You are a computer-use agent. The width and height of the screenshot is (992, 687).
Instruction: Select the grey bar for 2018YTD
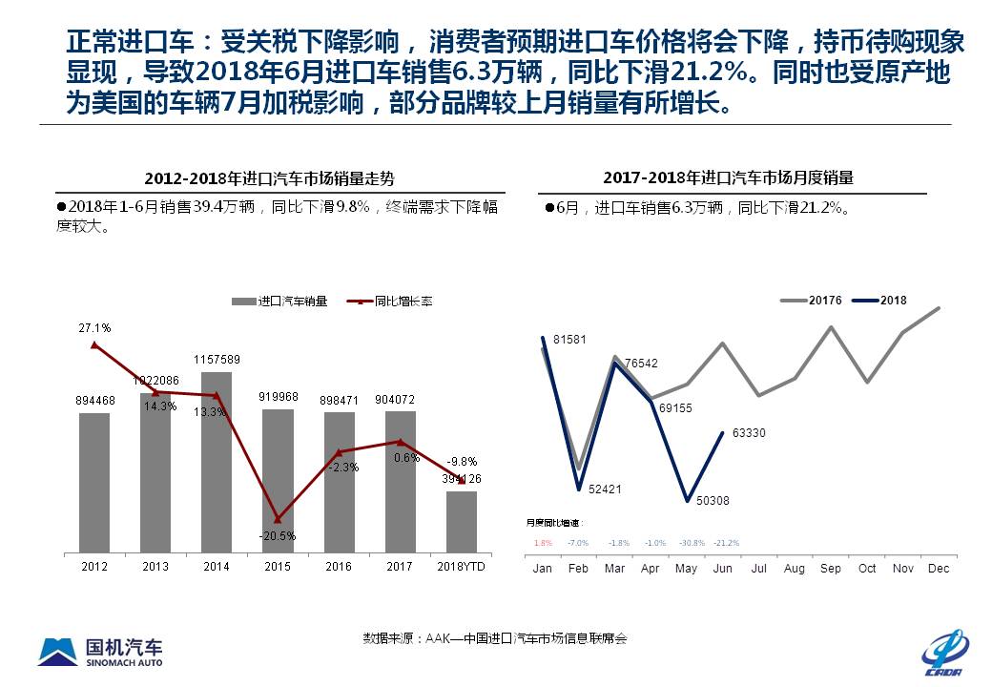[x=462, y=523]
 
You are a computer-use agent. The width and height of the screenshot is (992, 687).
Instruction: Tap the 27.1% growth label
[x=94, y=327]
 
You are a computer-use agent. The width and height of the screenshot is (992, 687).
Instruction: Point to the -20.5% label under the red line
[x=277, y=535]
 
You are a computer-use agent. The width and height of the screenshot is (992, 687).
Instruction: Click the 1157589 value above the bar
[x=217, y=360]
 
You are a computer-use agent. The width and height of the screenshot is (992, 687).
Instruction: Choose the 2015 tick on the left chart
[x=278, y=566]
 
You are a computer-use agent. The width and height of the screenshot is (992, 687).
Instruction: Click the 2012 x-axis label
[x=94, y=566]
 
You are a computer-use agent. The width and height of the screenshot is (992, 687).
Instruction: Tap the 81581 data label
[x=569, y=340]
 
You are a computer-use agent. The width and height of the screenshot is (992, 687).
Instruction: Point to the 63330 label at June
[x=749, y=433]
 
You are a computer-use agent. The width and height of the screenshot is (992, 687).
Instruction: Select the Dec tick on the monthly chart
[x=940, y=569]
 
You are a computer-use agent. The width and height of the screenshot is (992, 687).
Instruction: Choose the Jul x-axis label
[x=758, y=569]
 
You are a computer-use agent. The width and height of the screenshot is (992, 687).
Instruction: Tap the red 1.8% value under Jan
[x=543, y=543]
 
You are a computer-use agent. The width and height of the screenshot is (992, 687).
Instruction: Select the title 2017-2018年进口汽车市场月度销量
[x=728, y=177]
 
